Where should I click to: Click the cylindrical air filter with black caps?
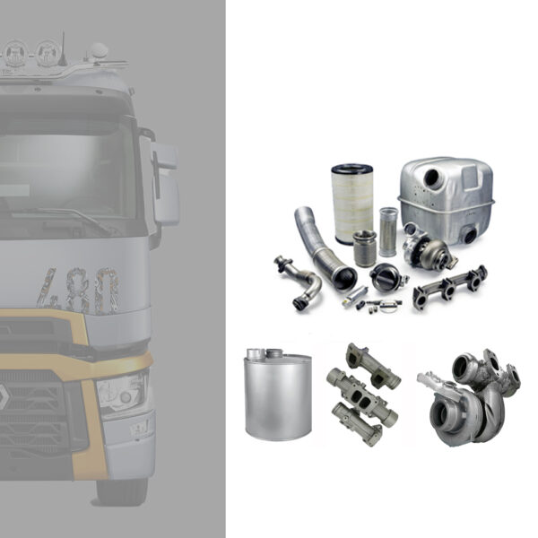click(351, 204)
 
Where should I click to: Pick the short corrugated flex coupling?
click(365, 247)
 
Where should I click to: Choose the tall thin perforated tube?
click(387, 231)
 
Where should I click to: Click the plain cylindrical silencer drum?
click(278, 394)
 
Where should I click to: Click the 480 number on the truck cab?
click(80, 290)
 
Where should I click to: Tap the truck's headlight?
click(121, 393)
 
